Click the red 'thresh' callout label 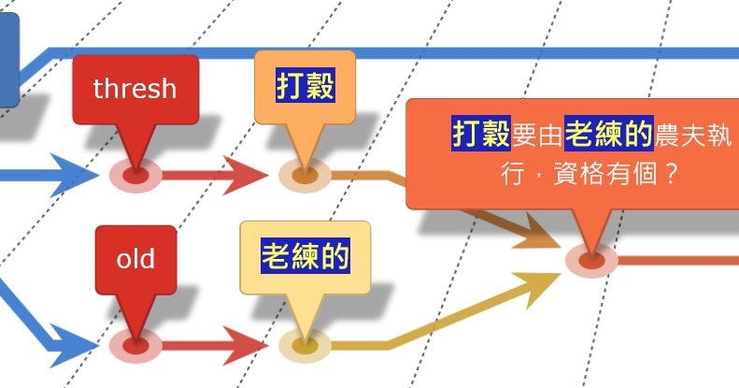pos(135,89)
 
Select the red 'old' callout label pos(135,259)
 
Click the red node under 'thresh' pos(135,174)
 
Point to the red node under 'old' pos(135,345)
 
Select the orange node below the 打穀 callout pos(305,175)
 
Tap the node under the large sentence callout pos(590,259)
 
